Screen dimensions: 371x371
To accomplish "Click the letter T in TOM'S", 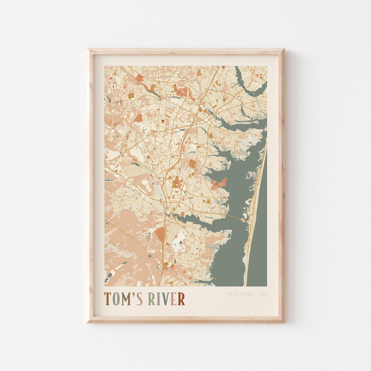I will (x=108, y=299).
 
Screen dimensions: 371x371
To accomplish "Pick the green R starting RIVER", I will (x=151, y=299).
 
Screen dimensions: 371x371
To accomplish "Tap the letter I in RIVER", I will (x=158, y=299).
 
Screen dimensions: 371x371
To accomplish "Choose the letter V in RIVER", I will (x=165, y=299).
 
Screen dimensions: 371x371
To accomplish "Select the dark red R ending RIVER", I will (x=181, y=299).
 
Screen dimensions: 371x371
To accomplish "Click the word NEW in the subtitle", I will (x=232, y=294).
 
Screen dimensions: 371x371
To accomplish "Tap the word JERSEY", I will (x=247, y=294).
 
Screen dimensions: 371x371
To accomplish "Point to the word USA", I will (x=262, y=294).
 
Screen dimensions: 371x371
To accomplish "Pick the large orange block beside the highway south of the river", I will (x=160, y=234).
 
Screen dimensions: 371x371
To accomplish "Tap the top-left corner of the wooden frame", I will (x=88, y=49).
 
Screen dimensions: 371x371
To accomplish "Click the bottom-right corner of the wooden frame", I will (x=283, y=322).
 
